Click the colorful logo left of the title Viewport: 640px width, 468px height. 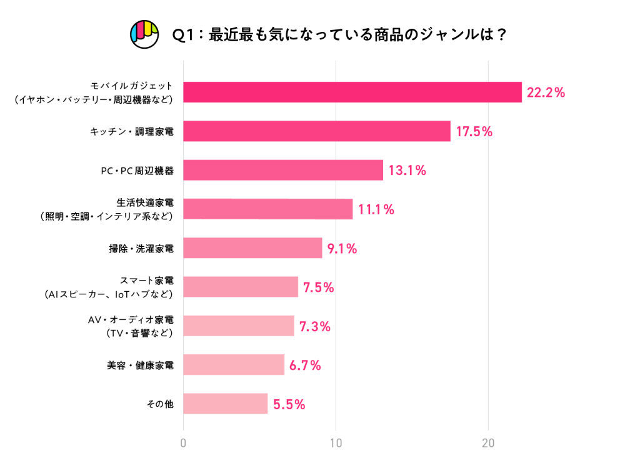point(144,34)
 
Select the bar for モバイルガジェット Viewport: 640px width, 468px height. point(352,92)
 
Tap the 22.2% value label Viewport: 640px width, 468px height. point(546,92)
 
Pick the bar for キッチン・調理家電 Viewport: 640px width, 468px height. point(317,131)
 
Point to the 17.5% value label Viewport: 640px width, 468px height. point(474,132)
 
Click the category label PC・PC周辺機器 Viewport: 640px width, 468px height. point(137,171)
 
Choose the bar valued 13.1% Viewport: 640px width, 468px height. point(283,170)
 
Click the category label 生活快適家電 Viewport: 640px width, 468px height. point(145,202)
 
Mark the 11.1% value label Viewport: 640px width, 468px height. point(376,209)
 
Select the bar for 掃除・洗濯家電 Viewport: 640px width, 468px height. point(252,248)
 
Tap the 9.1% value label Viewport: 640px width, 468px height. point(342,249)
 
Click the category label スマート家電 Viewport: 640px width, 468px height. point(146,281)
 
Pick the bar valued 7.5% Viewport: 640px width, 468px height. point(241,287)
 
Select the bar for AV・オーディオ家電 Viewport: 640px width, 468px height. point(239,326)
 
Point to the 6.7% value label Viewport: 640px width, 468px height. point(305,366)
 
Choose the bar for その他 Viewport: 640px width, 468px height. point(226,404)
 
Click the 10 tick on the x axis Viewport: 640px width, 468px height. point(336,444)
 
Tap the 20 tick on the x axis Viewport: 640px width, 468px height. point(489,444)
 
